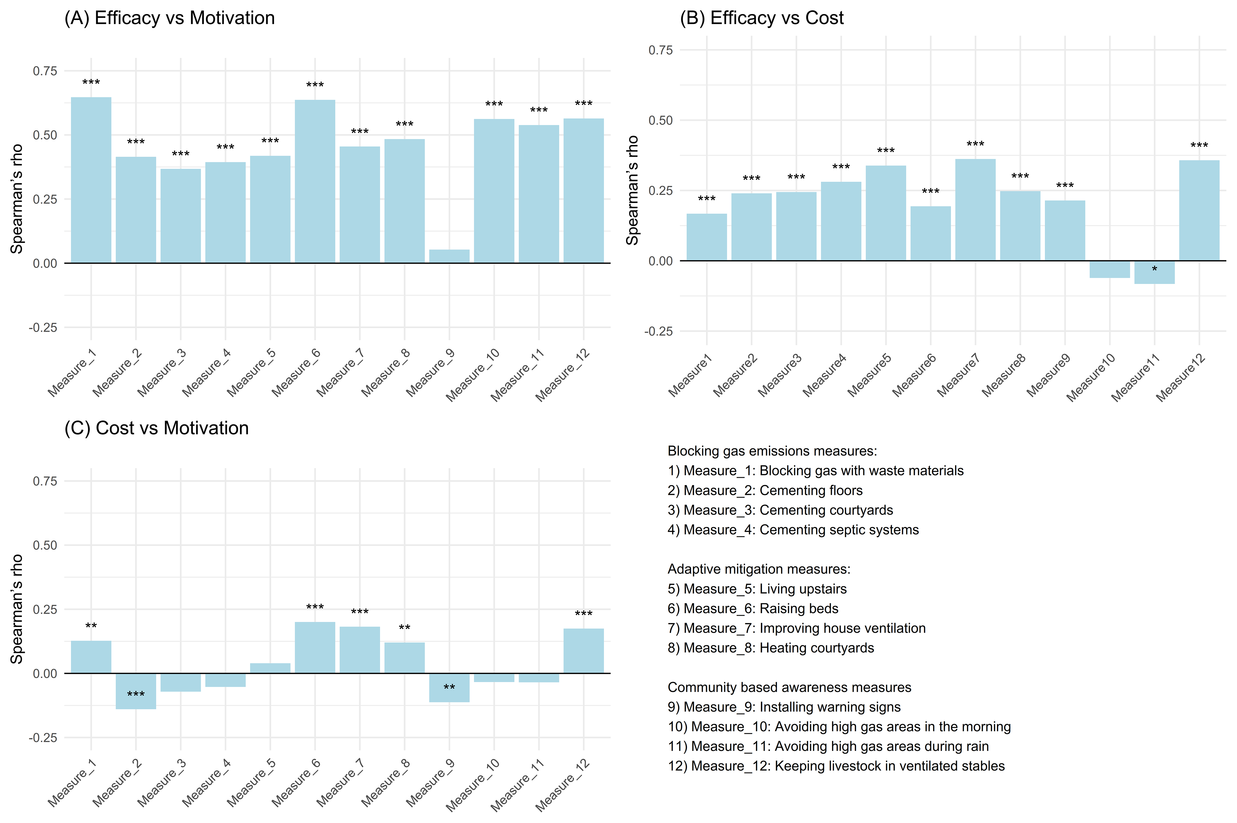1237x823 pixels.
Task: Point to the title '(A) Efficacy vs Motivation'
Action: click(169, 18)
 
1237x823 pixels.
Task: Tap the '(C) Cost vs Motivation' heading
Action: click(157, 428)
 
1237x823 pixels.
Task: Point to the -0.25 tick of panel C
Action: click(43, 737)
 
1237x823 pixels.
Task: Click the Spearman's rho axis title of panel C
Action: click(17, 609)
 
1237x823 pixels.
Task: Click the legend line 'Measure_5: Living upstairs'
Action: click(757, 589)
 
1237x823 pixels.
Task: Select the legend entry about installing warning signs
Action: click(784, 707)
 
